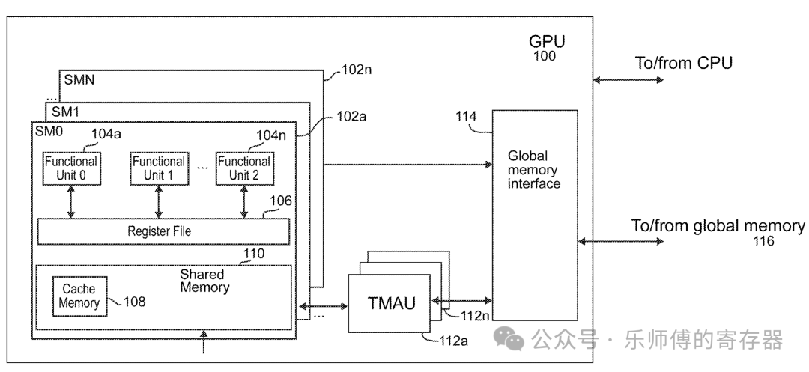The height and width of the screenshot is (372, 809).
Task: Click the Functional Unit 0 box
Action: pyautogui.click(x=71, y=168)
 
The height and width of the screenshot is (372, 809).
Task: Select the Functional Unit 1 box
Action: pyautogui.click(x=158, y=168)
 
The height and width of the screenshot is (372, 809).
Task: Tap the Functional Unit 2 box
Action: pyautogui.click(x=243, y=168)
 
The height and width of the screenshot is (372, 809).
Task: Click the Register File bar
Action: pyautogui.click(x=163, y=231)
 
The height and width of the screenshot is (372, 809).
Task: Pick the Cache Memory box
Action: pyautogui.click(x=79, y=296)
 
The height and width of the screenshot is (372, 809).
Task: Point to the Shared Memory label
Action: pyautogui.click(x=204, y=281)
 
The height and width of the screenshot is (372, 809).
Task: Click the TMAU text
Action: pyautogui.click(x=391, y=305)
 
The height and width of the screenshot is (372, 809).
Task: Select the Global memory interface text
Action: pyautogui.click(x=534, y=170)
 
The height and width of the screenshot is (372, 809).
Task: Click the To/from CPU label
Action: pyautogui.click(x=684, y=63)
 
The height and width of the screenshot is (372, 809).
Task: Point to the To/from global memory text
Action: pyautogui.click(x=718, y=226)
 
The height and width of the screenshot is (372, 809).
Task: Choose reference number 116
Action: pyautogui.click(x=764, y=241)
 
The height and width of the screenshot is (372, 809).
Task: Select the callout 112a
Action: pyautogui.click(x=453, y=341)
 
